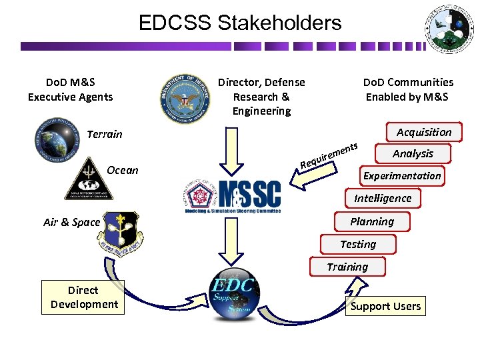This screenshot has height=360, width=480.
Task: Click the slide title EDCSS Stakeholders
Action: pyautogui.click(x=239, y=23)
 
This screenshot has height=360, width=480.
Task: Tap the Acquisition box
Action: pyautogui.click(x=423, y=132)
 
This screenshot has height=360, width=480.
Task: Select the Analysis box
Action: pyautogui.click(x=413, y=154)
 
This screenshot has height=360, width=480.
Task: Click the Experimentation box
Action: pyautogui.click(x=401, y=176)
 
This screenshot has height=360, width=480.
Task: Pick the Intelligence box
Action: pyautogui.click(x=383, y=199)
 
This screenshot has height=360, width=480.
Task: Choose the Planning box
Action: pyautogui.click(x=372, y=221)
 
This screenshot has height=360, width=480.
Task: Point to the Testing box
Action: pyautogui.click(x=358, y=244)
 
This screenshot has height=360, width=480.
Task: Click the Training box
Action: pyautogui.click(x=347, y=267)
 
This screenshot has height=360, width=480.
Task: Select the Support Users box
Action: pyautogui.click(x=385, y=307)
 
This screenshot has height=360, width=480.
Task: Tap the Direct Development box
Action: pyautogui.click(x=83, y=297)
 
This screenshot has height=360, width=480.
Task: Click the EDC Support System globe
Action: pyautogui.click(x=233, y=294)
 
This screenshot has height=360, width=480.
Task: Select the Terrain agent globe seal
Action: pyautogui.click(x=56, y=141)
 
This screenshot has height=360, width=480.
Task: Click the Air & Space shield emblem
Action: pyautogui.click(x=119, y=229)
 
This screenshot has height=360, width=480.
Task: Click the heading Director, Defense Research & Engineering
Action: pyautogui.click(x=261, y=97)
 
